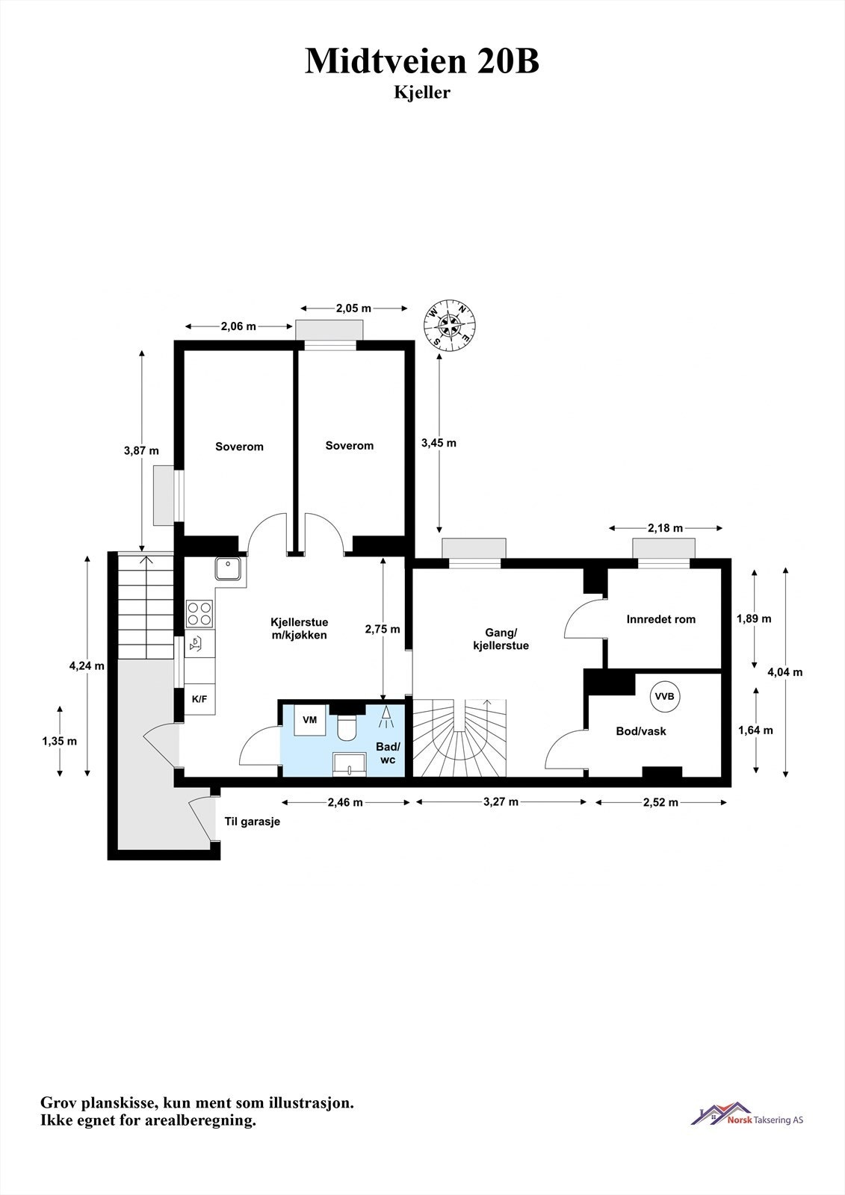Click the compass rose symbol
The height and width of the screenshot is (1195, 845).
[451, 324]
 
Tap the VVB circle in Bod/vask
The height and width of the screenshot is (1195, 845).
[664, 696]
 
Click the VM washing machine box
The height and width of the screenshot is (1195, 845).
[309, 720]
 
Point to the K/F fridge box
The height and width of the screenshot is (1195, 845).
[199, 700]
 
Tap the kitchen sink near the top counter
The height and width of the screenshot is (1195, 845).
[226, 569]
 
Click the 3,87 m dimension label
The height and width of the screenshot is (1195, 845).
[141, 450]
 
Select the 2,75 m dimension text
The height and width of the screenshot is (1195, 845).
[382, 630]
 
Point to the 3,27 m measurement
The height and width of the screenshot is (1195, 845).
[501, 802]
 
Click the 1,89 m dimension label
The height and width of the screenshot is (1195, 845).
[754, 618]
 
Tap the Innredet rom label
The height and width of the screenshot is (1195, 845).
[661, 618]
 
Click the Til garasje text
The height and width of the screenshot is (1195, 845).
[253, 822]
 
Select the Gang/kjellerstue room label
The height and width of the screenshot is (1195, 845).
[501, 639]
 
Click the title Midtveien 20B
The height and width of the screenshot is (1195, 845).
[422, 61]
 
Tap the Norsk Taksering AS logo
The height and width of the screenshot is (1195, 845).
[747, 1119]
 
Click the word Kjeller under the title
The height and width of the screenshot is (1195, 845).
[422, 93]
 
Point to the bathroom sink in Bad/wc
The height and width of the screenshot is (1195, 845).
[350, 762]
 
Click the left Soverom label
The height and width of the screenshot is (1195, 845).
[239, 447]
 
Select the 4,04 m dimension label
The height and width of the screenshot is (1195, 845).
[785, 671]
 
